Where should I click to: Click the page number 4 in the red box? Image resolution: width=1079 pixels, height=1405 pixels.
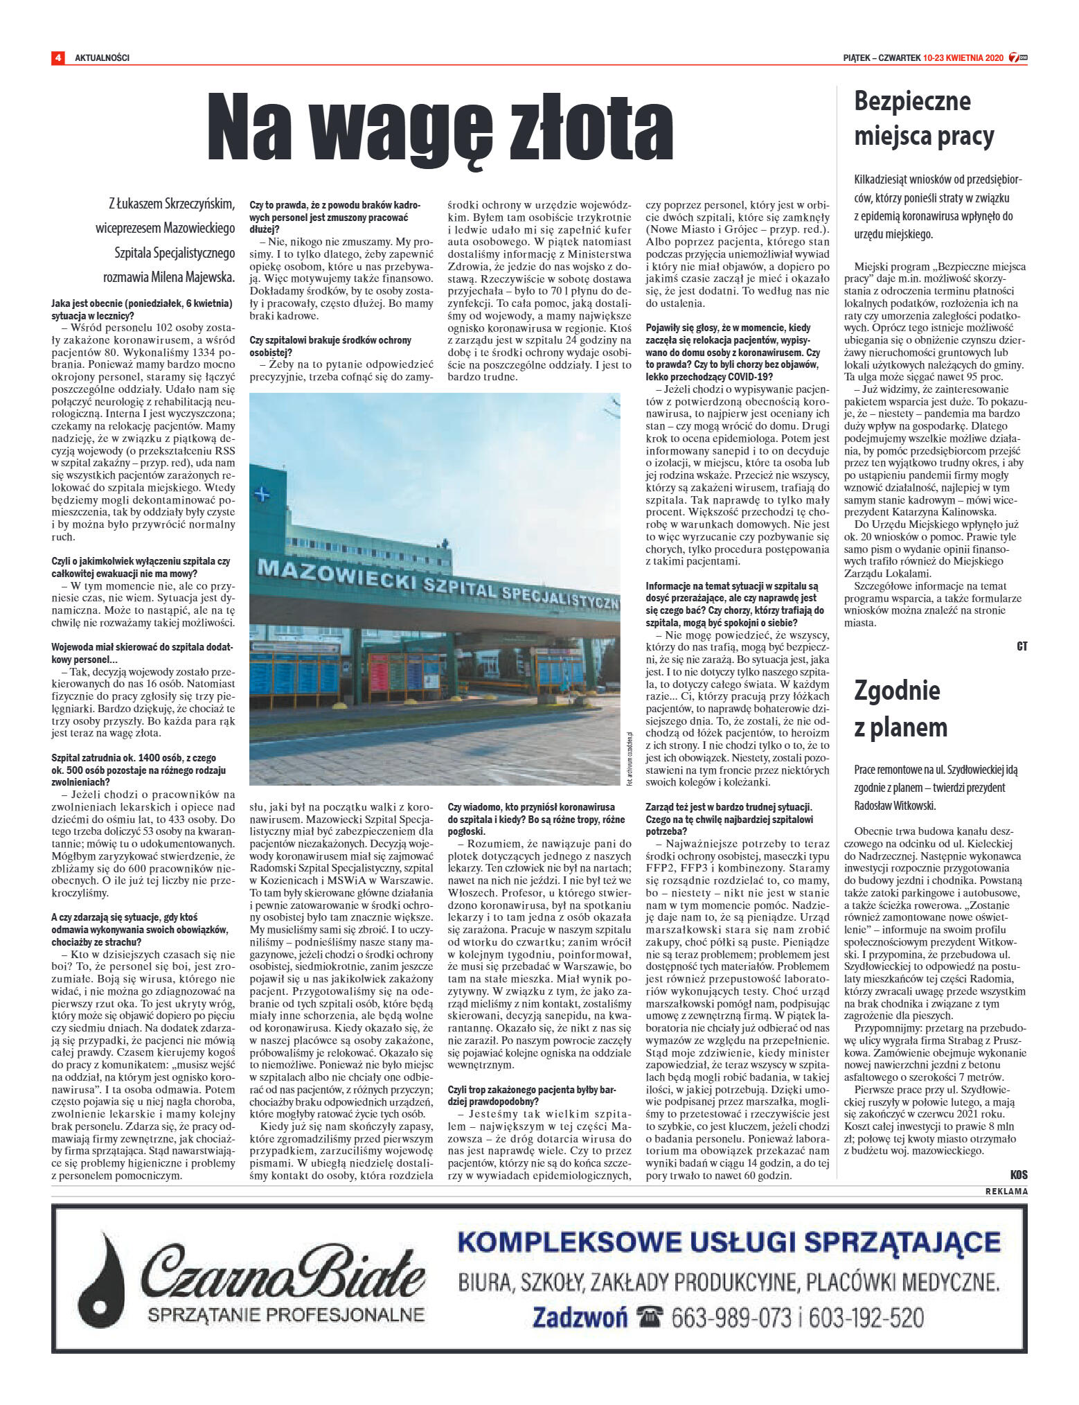57,58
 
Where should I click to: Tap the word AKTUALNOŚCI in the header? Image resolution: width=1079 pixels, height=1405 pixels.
102,58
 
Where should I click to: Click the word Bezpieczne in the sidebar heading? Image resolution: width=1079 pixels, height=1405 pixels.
912,101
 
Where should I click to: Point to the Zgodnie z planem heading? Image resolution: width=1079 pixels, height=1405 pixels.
900,709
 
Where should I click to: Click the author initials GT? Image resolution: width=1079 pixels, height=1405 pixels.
1022,646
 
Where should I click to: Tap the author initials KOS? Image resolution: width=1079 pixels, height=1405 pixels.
1018,1175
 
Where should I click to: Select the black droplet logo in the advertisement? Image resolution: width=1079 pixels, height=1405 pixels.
103,1275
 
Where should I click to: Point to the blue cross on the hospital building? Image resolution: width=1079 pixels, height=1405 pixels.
262,495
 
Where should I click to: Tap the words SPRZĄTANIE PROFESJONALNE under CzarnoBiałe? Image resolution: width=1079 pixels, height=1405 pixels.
287,1314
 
